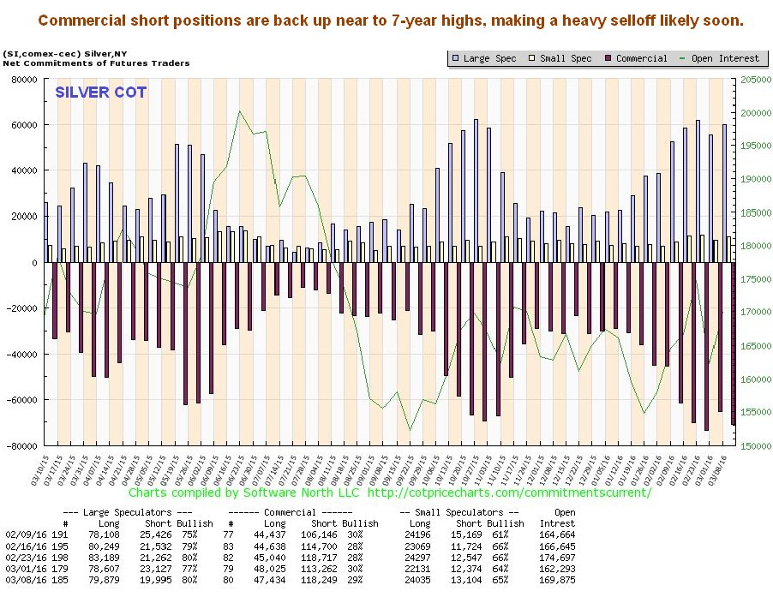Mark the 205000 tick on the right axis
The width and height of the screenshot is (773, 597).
[x=750, y=80]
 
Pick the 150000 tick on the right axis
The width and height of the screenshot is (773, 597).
[x=750, y=446]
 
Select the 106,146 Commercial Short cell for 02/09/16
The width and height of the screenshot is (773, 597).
[x=325, y=534]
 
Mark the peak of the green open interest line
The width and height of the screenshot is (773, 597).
[x=240, y=111]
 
